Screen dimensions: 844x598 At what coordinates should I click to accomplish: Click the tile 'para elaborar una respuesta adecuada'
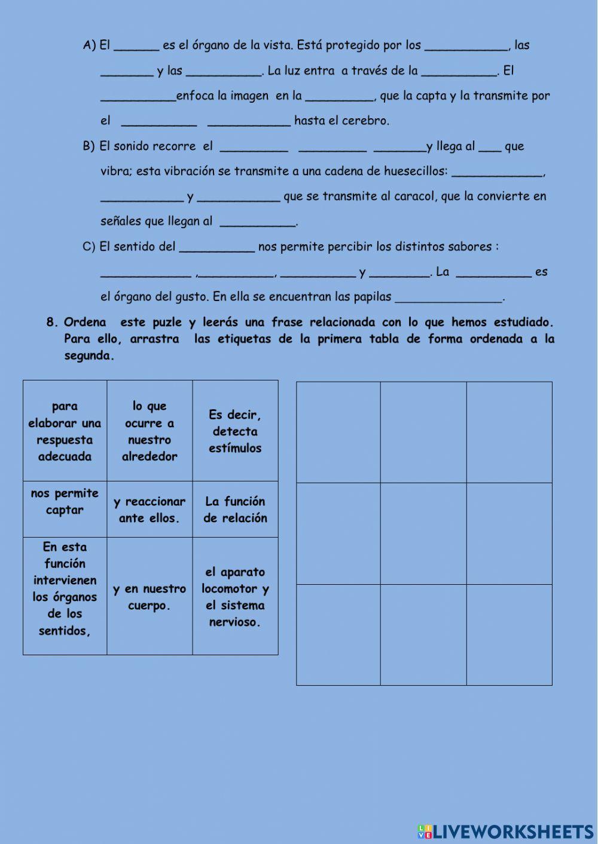pyautogui.click(x=65, y=431)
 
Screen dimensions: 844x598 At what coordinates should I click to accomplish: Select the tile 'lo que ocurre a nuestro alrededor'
pyautogui.click(x=149, y=431)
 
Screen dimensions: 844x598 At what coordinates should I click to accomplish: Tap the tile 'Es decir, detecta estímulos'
pyautogui.click(x=235, y=431)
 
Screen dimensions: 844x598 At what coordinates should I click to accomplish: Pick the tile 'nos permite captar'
pyautogui.click(x=65, y=502)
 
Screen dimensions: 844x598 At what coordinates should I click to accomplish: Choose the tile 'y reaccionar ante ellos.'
pyautogui.click(x=149, y=510)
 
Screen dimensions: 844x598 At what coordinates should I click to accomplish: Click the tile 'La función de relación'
pyautogui.click(x=235, y=510)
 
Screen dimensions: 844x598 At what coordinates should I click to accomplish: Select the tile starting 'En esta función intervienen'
pyautogui.click(x=65, y=589)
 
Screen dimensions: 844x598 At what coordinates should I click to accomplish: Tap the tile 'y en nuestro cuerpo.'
pyautogui.click(x=149, y=597)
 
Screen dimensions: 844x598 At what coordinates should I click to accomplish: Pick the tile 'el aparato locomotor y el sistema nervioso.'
pyautogui.click(x=235, y=597)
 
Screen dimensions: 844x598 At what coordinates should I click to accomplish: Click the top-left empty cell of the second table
pyautogui.click(x=338, y=432)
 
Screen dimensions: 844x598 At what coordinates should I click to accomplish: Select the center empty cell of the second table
pyautogui.click(x=423, y=533)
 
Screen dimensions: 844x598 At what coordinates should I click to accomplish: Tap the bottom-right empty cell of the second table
pyautogui.click(x=509, y=634)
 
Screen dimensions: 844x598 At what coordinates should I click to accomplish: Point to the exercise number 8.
pyautogui.click(x=51, y=323)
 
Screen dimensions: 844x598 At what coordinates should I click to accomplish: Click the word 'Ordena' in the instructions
pyautogui.click(x=85, y=323)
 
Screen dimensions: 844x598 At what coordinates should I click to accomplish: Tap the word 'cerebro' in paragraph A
pyautogui.click(x=368, y=121)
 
